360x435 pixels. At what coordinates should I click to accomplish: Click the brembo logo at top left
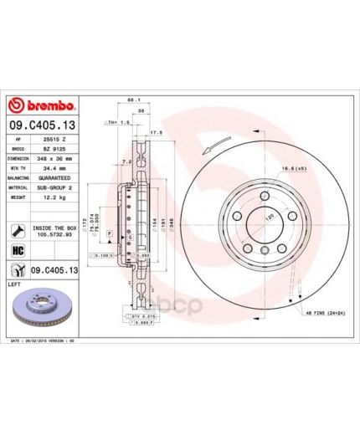[x=43, y=105]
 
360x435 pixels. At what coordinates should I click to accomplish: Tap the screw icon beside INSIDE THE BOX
[x=18, y=228]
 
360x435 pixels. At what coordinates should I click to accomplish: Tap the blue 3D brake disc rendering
[x=45, y=310]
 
